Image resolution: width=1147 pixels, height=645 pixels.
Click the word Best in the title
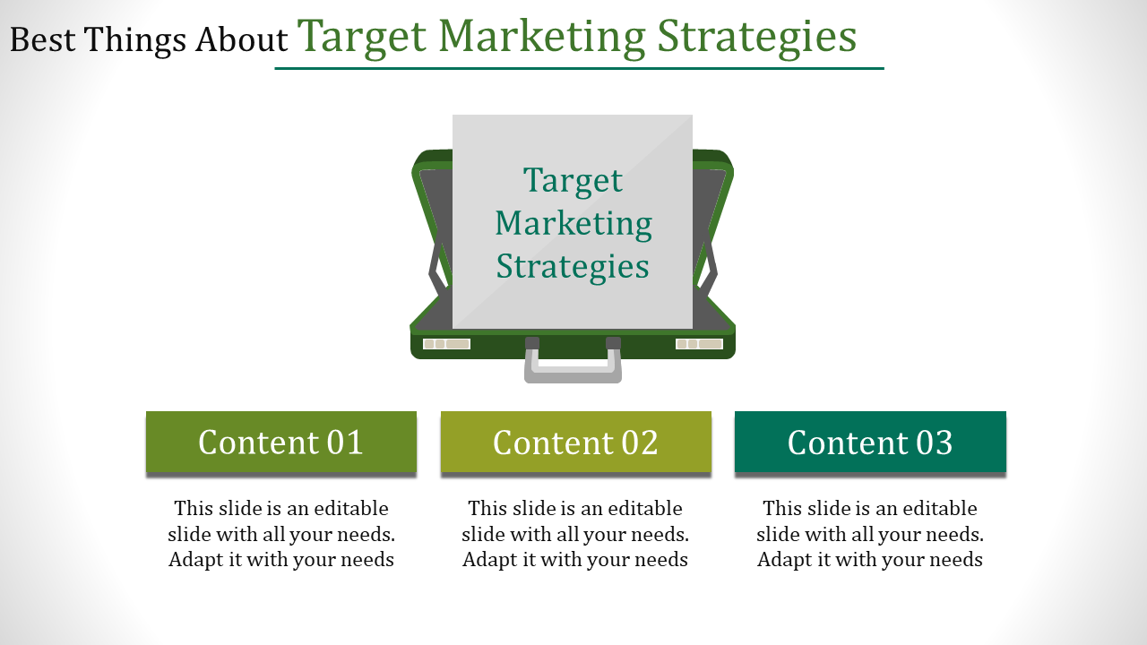pos(42,40)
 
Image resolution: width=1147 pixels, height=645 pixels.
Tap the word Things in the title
pos(134,41)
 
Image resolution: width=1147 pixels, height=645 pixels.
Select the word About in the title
pos(241,40)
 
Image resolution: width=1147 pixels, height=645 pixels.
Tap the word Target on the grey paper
pos(573,181)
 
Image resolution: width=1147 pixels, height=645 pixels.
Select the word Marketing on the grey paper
pos(573,224)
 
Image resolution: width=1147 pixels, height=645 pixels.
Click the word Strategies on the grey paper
pos(573,267)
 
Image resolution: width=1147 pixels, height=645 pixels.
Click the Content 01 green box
pos(281,442)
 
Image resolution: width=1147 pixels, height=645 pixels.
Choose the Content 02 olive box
pos(576,442)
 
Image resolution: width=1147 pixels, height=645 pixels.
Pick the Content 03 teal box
pos(870,442)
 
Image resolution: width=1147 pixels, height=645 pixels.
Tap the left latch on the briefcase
pos(446,344)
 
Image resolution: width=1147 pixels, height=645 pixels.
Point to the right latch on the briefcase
pos(699,344)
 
